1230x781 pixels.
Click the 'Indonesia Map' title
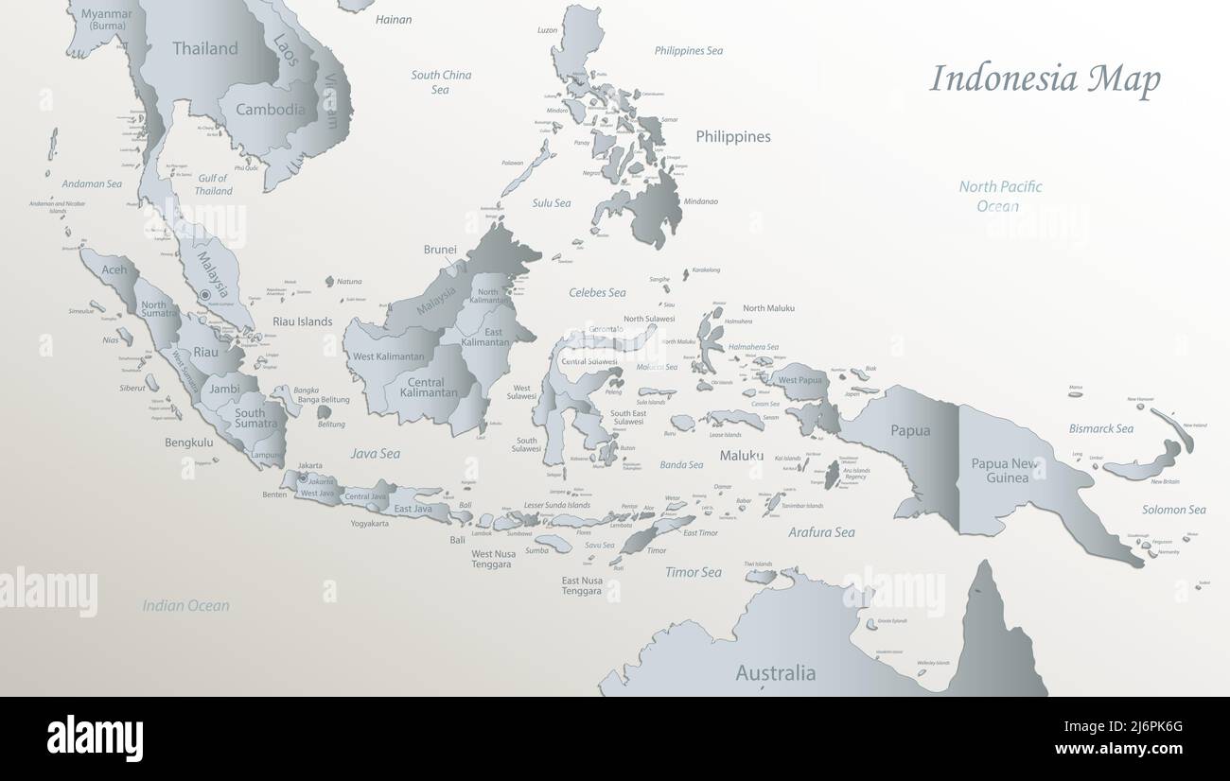tap(1045, 79)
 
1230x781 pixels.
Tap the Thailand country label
tap(204, 48)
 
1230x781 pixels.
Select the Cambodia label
tap(271, 109)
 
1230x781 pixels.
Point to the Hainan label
tap(394, 19)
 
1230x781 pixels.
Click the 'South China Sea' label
tap(441, 82)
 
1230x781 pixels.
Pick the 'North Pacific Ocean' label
tap(1000, 196)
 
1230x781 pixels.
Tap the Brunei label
tap(440, 250)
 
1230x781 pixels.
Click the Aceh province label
tap(114, 269)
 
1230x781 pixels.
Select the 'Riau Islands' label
tap(303, 321)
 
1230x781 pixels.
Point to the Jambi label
tap(225, 389)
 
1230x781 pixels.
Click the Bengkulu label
tap(189, 442)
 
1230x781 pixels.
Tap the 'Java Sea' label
tap(376, 454)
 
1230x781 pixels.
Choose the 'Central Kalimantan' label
tap(427, 388)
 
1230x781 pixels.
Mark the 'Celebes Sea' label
tap(597, 292)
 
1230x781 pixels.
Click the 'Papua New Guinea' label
tap(1005, 470)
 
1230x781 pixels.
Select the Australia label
tap(776, 673)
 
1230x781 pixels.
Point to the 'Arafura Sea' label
tap(821, 532)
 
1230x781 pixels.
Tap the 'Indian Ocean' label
tap(186, 606)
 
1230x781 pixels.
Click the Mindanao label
tap(700, 201)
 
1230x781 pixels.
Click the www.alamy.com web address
tap(1118, 749)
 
